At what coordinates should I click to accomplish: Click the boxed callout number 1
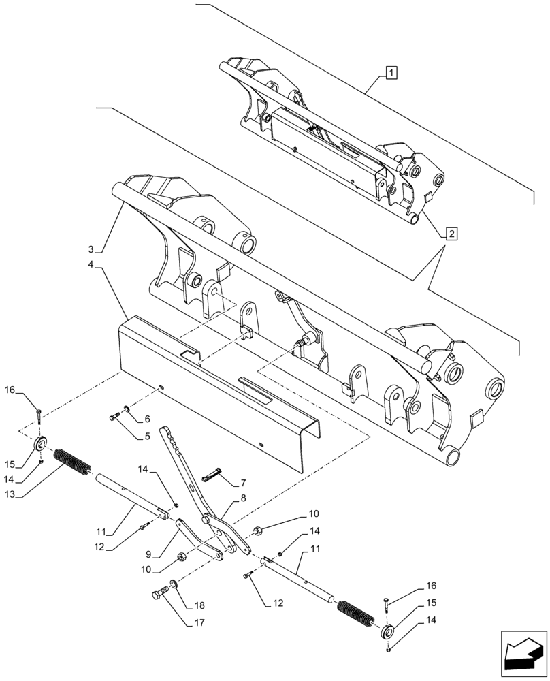[393, 72]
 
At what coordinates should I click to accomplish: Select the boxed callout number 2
[452, 234]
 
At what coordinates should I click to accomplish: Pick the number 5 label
[147, 437]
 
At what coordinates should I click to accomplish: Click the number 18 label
[199, 605]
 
